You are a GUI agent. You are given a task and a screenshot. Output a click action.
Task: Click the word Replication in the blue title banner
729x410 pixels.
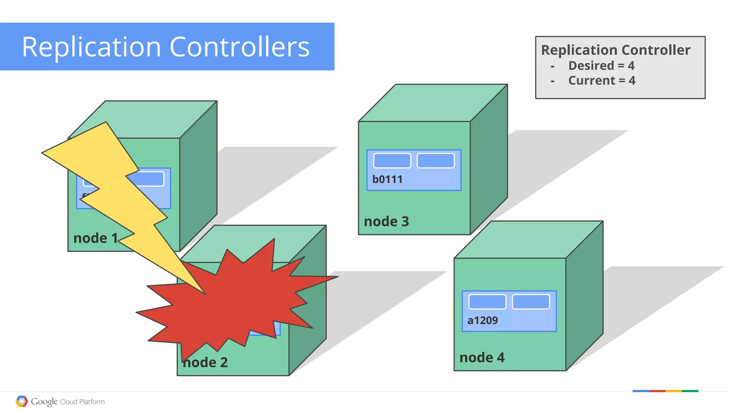[x=91, y=47]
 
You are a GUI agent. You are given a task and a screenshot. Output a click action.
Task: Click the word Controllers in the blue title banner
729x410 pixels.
[x=240, y=47]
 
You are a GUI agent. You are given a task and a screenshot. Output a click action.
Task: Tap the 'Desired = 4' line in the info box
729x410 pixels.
[x=601, y=66]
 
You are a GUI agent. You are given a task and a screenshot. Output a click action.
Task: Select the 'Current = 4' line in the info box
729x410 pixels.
[x=602, y=81]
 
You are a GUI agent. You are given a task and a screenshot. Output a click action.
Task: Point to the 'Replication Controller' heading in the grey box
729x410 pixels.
[x=615, y=50]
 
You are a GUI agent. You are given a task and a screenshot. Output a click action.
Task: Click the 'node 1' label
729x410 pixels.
[x=95, y=238]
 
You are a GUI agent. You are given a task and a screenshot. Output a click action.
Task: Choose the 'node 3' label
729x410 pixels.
[x=386, y=222]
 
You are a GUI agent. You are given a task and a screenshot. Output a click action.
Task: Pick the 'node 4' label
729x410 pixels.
[x=482, y=357]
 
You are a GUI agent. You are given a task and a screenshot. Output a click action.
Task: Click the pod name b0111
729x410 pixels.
[x=387, y=179]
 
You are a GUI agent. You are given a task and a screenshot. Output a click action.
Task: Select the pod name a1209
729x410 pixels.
[x=482, y=320]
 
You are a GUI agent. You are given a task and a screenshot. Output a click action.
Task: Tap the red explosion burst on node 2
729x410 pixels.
[x=235, y=302]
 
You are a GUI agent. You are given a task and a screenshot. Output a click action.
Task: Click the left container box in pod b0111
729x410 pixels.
[x=392, y=161]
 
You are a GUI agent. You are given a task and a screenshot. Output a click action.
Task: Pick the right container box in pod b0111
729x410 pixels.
[x=436, y=161]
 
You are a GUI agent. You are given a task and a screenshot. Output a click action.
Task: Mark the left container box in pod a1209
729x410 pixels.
[x=487, y=302]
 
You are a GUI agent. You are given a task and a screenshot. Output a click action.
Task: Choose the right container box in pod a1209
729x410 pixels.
[x=531, y=302]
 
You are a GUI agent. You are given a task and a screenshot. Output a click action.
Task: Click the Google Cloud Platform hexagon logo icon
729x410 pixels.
[x=22, y=401]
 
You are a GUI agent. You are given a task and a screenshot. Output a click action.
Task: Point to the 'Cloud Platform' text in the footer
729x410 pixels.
[x=82, y=402]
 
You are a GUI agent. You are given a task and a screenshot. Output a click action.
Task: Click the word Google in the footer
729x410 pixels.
[x=44, y=401]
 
